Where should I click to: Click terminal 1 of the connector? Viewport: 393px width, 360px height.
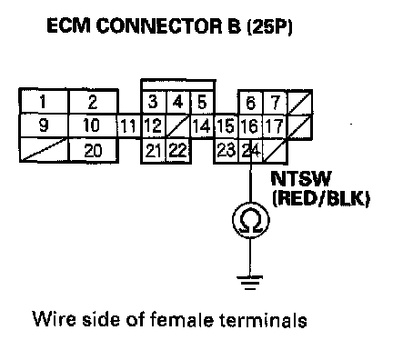point(44,102)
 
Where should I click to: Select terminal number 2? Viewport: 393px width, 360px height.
point(94,102)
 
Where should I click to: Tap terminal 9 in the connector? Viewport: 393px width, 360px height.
point(44,125)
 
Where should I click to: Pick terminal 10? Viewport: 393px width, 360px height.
point(93,125)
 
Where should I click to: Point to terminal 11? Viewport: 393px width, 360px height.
point(129,126)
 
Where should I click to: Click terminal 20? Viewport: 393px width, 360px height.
point(94,151)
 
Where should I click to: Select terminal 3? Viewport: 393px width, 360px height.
point(154,102)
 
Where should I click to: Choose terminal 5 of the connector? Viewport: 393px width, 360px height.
point(203,102)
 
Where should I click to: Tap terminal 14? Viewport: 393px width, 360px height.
point(203,126)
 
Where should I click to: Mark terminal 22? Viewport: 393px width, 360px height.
point(178,151)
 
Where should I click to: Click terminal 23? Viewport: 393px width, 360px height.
point(227,151)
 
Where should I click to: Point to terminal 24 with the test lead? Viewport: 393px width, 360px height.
point(251,151)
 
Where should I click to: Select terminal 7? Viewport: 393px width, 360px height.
point(275,103)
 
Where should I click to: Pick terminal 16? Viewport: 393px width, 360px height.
point(251,126)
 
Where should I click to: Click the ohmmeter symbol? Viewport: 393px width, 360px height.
point(250,220)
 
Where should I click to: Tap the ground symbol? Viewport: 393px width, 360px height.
point(250,283)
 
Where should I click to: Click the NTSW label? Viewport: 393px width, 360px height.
point(300,179)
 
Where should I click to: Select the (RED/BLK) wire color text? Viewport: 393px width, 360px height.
point(321,199)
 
